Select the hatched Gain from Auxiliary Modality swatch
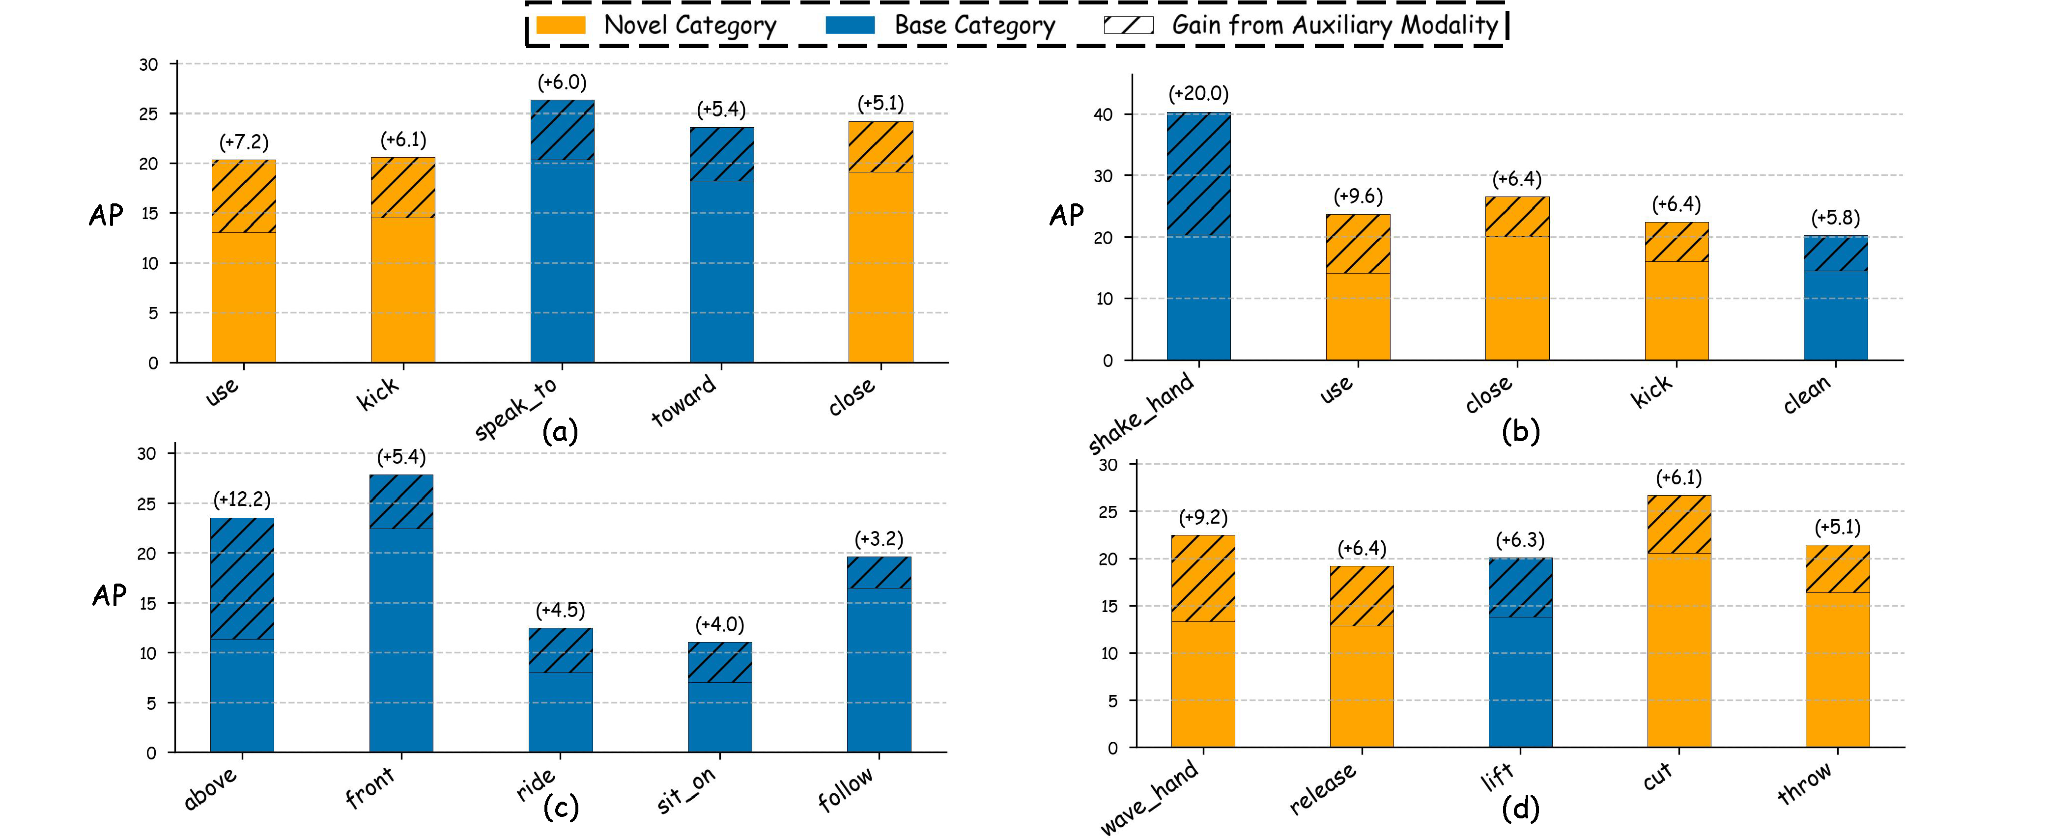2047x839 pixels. [1128, 25]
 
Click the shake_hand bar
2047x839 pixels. [1198, 236]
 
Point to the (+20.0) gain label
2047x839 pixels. [1198, 94]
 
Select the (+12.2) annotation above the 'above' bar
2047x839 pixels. [242, 499]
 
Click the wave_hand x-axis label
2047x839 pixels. [1149, 797]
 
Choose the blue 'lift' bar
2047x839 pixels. [1520, 652]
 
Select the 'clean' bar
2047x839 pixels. [1836, 298]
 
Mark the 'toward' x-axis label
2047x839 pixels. [684, 401]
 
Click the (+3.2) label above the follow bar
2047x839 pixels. [879, 539]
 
